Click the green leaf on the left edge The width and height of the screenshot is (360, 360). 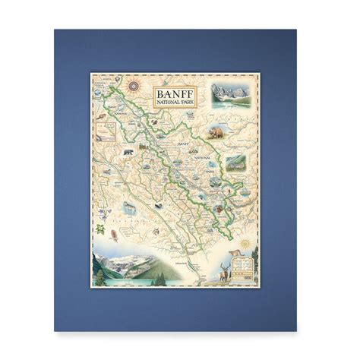point(99,228)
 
